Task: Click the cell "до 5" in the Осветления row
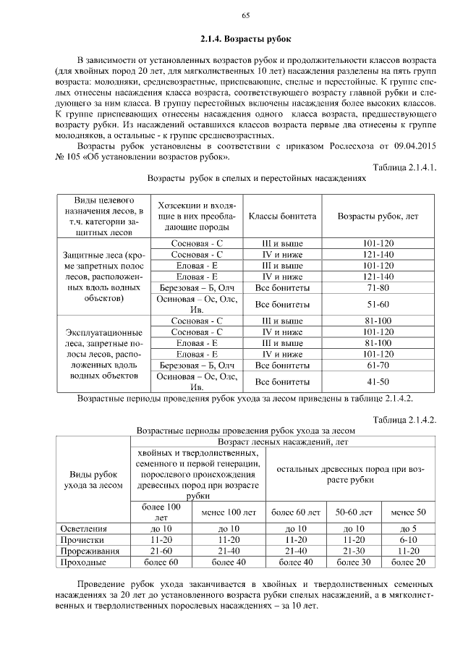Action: pos(408,529)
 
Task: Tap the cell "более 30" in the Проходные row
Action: pos(354,562)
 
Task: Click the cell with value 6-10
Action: pos(408,540)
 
